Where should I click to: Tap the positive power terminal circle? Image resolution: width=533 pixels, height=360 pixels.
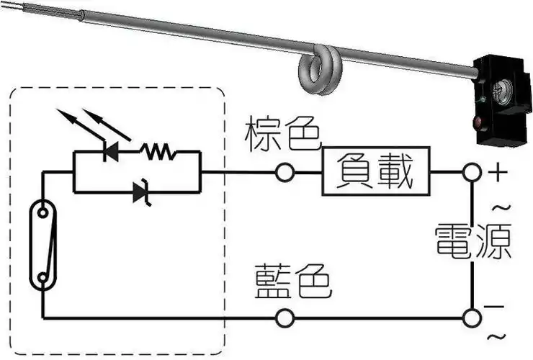(x=472, y=173)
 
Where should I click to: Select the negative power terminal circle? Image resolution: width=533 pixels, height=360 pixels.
(x=472, y=318)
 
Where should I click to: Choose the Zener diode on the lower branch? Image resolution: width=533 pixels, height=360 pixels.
(x=141, y=192)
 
